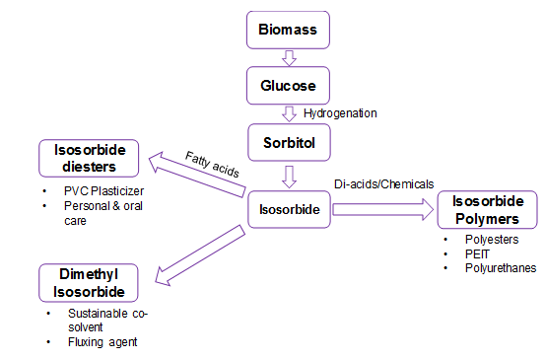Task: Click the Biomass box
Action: click(288, 29)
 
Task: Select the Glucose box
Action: click(288, 86)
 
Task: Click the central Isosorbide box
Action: click(288, 209)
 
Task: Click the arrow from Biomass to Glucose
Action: click(289, 57)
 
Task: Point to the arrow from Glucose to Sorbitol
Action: click(289, 113)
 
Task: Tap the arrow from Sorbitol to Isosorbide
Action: click(289, 177)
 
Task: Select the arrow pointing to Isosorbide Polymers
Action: click(383, 209)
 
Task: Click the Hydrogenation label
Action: click(340, 113)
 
